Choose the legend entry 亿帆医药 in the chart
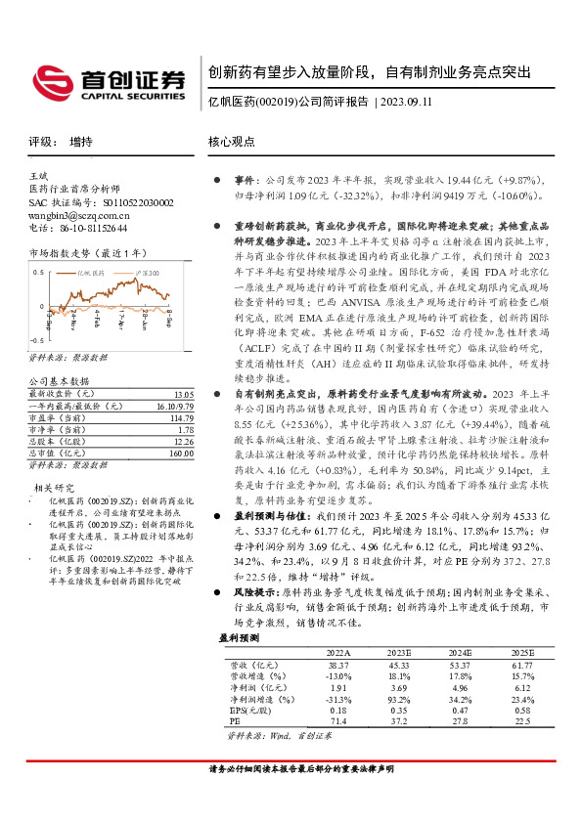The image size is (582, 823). tap(90, 274)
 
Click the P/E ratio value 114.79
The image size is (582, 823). tap(180, 416)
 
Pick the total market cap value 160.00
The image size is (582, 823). tap(180, 453)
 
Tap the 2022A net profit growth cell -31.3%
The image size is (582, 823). tap(338, 699)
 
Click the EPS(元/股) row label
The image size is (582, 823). tap(249, 711)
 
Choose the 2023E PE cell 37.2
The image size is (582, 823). tap(398, 722)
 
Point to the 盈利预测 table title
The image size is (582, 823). tap(241, 636)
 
